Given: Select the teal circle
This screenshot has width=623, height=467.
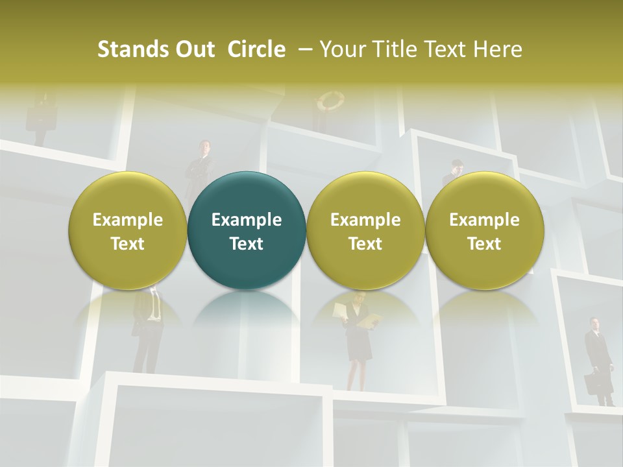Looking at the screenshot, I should pyautogui.click(x=247, y=230).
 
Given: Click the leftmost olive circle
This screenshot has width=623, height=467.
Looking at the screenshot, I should pyautogui.click(x=128, y=230).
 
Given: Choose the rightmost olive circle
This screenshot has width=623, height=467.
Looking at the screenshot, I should pyautogui.click(x=485, y=230).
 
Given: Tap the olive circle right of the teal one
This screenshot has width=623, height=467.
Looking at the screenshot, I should pyautogui.click(x=365, y=230).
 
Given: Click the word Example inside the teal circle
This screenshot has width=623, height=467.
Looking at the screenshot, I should pyautogui.click(x=247, y=220).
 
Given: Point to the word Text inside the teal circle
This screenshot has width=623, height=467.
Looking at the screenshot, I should pyautogui.click(x=247, y=244).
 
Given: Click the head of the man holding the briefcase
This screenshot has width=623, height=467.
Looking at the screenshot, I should pyautogui.click(x=594, y=323).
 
